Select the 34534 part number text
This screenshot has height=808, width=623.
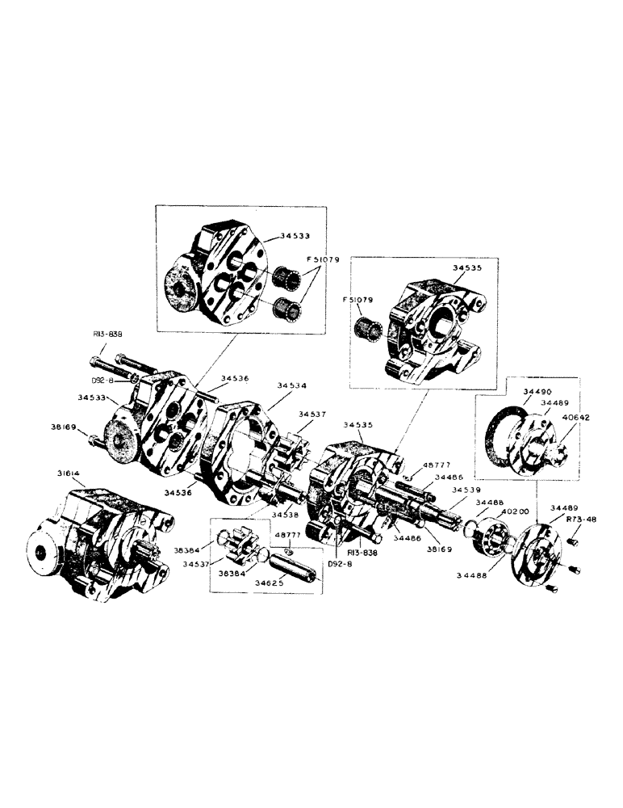pos(293,385)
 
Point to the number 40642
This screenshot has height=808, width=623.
pos(575,417)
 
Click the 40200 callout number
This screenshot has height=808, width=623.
pos(515,511)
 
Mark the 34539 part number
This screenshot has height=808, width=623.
pos(467,490)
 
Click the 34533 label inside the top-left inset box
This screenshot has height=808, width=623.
pos(295,237)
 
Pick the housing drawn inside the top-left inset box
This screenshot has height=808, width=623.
pos(218,275)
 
